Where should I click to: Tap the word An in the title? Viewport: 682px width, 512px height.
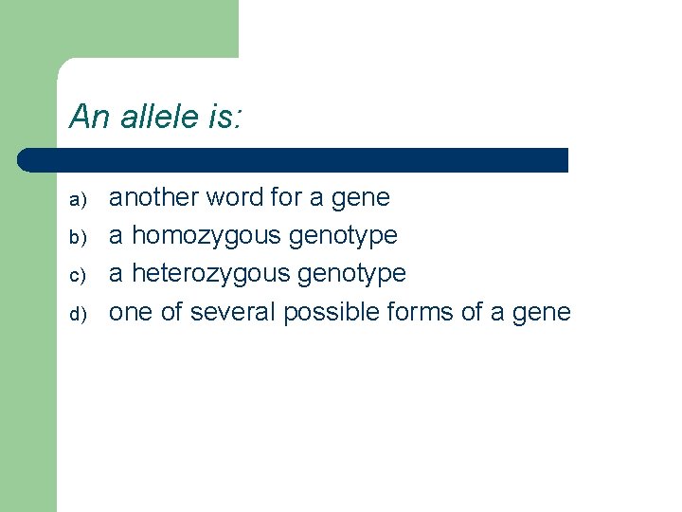pyautogui.click(x=91, y=118)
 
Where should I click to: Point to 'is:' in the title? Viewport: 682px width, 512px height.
pyautogui.click(x=225, y=118)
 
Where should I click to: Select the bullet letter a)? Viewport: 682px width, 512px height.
pyautogui.click(x=79, y=199)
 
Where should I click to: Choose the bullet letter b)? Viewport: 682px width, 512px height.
pyautogui.click(x=79, y=237)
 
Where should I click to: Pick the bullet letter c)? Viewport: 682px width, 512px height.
pyautogui.click(x=79, y=275)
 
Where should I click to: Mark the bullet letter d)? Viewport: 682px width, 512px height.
pyautogui.click(x=79, y=313)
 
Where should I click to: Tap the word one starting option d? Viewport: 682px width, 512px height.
pyautogui.click(x=130, y=313)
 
